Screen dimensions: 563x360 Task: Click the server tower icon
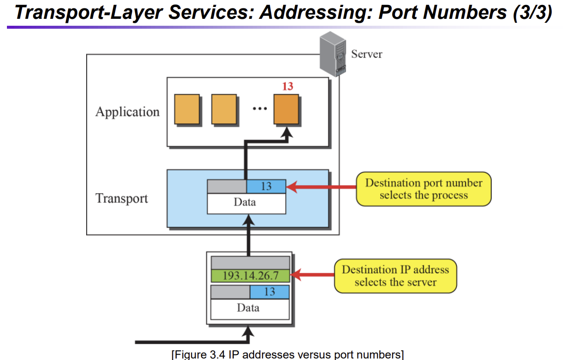coord(333,54)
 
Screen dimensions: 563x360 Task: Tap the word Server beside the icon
coord(366,54)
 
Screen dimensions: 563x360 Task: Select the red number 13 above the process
coord(288,86)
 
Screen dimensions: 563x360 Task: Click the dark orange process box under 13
coord(286,109)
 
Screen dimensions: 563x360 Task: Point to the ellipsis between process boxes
coord(259,108)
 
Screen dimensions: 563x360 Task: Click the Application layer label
coord(127,112)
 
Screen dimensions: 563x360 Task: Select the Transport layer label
coord(122,199)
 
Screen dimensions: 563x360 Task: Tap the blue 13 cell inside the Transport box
coord(266,186)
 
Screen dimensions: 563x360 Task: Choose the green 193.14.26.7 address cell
coord(250,276)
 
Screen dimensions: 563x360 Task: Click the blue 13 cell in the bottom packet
coord(269,292)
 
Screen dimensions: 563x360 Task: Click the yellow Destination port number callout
coord(424,189)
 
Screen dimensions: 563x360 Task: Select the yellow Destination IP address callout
coord(395,276)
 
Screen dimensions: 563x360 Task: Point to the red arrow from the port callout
coord(321,187)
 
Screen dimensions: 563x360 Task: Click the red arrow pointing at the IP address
coord(312,275)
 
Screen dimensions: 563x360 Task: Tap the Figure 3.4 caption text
coord(288,355)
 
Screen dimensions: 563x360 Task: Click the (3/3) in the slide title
coord(532,12)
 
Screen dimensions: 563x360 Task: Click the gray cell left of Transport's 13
coord(227,186)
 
